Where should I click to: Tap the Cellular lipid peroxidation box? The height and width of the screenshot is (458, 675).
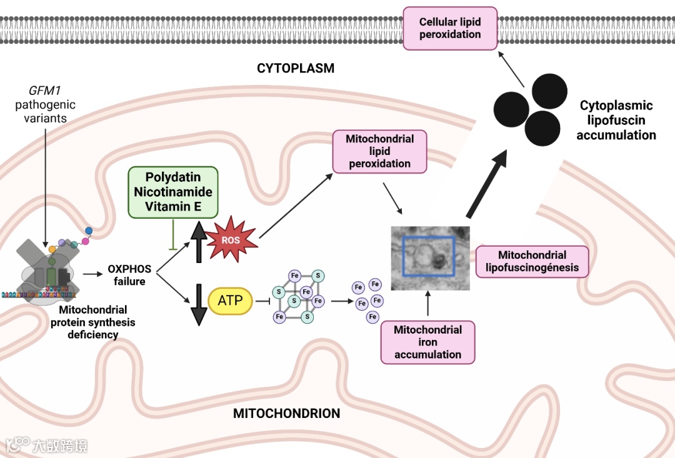[450, 28]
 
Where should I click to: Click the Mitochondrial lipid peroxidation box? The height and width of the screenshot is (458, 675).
[379, 151]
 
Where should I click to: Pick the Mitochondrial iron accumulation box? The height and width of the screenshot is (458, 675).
[427, 342]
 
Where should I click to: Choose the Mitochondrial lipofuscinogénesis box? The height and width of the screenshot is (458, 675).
[532, 261]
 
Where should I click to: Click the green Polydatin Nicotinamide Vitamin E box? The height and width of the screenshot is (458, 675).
[173, 192]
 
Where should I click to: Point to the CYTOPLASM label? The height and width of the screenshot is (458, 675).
[296, 68]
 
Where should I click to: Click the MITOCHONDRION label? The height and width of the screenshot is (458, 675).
[286, 414]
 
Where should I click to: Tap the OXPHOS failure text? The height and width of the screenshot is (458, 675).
[129, 275]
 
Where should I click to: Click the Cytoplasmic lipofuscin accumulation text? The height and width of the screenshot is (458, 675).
[616, 120]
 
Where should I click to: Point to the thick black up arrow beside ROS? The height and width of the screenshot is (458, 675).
[198, 241]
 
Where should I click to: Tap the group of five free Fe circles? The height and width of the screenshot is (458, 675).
[368, 301]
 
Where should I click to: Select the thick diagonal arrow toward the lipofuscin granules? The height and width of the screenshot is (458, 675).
[486, 187]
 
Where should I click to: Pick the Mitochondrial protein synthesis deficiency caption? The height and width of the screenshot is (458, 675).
[93, 322]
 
